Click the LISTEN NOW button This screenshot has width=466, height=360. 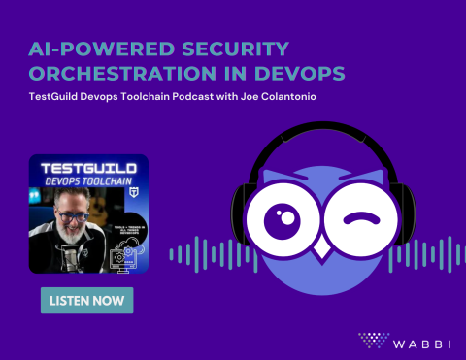point(86,301)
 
